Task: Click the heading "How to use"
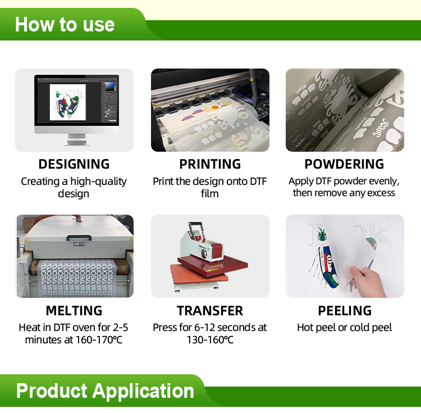coord(65,24)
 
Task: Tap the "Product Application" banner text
coord(105,391)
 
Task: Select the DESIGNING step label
coord(74,164)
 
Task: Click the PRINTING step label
coord(210,164)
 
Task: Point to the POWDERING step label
coord(344,164)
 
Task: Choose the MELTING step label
coord(74,311)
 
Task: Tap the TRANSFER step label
coord(210,311)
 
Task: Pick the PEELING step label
coord(345,311)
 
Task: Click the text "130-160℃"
coord(210,340)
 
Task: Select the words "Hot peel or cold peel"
coord(345,328)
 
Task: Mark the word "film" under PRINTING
coord(210,193)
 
